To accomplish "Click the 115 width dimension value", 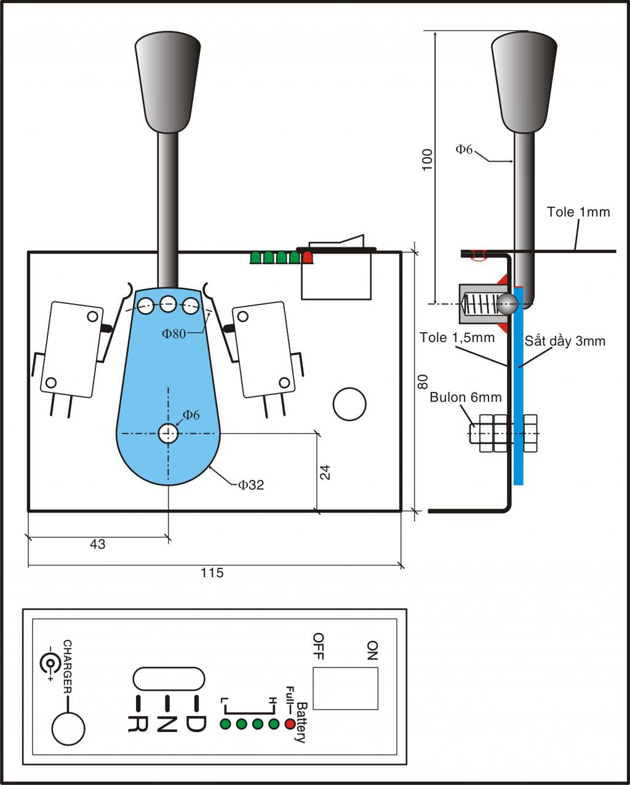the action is click(212, 572).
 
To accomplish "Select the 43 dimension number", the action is click(97, 544).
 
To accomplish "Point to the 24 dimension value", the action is click(325, 472).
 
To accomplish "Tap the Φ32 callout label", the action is click(251, 485).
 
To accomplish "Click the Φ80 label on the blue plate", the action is click(173, 333).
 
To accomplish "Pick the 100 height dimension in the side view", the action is click(427, 159).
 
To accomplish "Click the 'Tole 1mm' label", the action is click(578, 212).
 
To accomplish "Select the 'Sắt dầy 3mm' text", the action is click(565, 341).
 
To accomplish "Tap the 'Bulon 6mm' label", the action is click(466, 397).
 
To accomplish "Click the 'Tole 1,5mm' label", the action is click(457, 337).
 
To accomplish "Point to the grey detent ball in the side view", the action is click(507, 303).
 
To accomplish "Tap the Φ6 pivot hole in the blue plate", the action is click(168, 433).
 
